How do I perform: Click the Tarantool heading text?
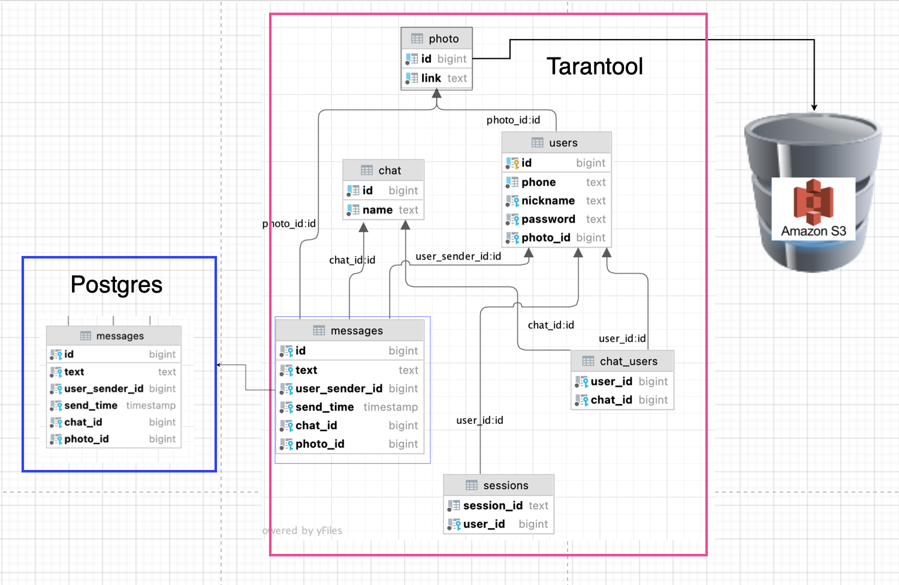[595, 67]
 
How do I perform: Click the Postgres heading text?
[116, 285]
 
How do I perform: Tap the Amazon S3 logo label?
[813, 231]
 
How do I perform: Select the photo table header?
[437, 39]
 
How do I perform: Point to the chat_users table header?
[622, 361]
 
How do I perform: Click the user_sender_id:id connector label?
[458, 257]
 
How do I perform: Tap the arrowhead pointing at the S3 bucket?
[814, 107]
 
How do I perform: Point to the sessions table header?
[499, 486]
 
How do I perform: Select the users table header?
[556, 143]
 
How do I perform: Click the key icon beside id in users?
[512, 163]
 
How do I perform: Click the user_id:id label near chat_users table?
[622, 339]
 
